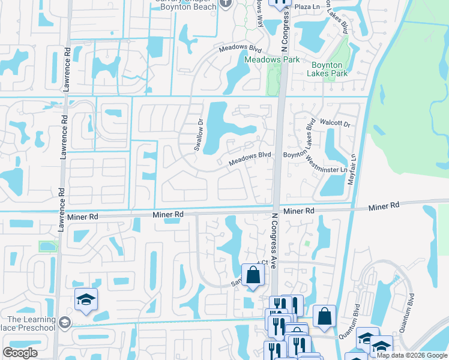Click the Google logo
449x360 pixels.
20,353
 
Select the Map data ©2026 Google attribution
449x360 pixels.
412,355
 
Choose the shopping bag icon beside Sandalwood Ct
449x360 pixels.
253,276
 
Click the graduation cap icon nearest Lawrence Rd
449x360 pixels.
86,299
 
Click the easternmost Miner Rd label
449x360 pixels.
384,206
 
